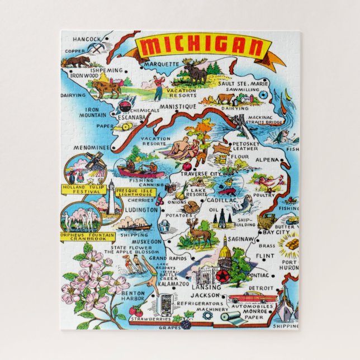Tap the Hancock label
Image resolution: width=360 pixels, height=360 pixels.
(x=87, y=39)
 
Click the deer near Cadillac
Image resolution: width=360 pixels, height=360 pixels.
(x=199, y=230)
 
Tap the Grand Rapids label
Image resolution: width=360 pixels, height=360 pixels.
(x=166, y=259)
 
